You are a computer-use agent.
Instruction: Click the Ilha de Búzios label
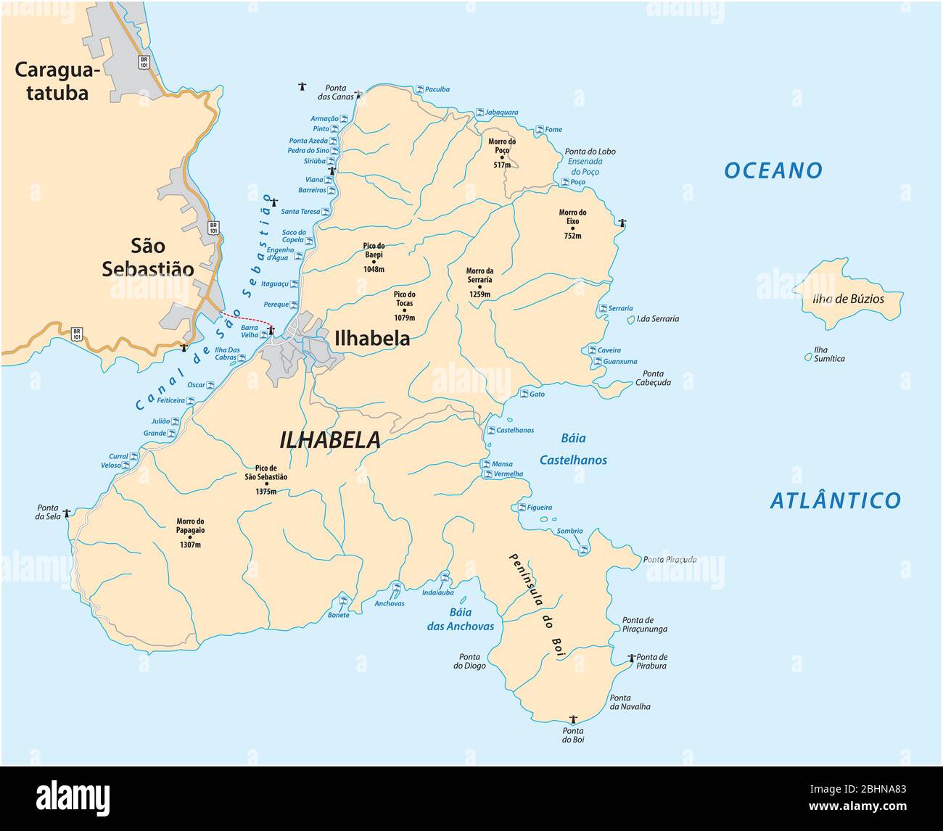[x=848, y=298]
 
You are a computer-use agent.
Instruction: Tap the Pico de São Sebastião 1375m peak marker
[x=267, y=484]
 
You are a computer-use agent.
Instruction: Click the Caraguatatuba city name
[x=52, y=81]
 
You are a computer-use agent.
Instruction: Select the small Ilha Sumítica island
[x=808, y=357]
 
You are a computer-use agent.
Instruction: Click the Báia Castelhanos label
[x=573, y=449]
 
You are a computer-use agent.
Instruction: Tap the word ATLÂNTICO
[x=834, y=500]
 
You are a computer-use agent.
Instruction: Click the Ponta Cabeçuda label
[x=653, y=378]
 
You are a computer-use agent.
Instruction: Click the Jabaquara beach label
[x=502, y=112]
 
